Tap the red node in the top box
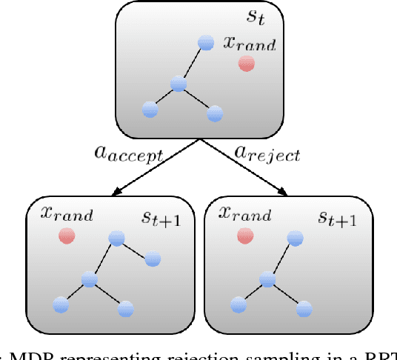coord(246,64)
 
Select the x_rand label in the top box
coord(249,44)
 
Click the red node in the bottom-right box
coord(244,236)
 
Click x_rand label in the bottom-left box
coord(67,215)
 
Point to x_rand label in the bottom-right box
coord(246,215)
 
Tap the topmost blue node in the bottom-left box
coord(116,237)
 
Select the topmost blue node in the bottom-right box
coord(295,237)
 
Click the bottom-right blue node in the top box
coord(215,113)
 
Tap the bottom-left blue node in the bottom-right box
coord(238,304)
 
